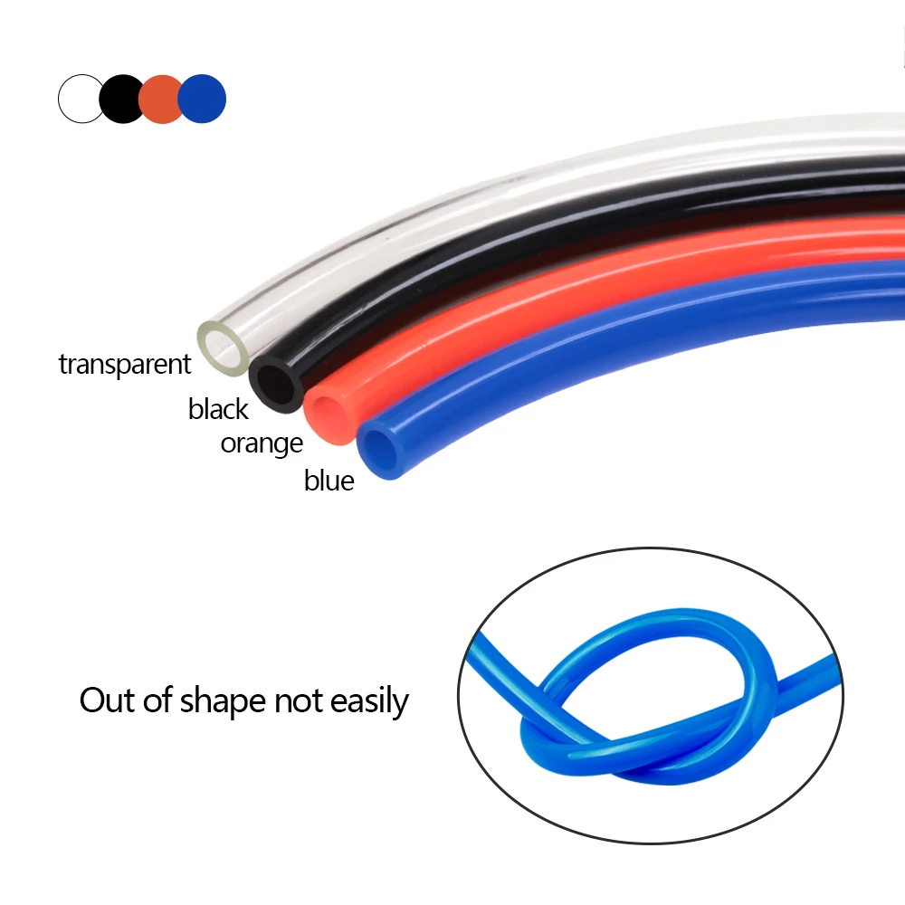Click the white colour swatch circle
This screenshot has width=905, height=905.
point(81,99)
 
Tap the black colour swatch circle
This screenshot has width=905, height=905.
point(122,99)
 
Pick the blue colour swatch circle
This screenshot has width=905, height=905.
point(203,99)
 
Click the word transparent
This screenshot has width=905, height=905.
point(125,364)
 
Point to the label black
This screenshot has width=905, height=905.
point(218,409)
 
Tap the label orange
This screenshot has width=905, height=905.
point(262,443)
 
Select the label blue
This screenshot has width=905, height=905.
point(329,481)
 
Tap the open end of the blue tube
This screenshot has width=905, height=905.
point(381,448)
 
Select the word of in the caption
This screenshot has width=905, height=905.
point(156,700)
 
